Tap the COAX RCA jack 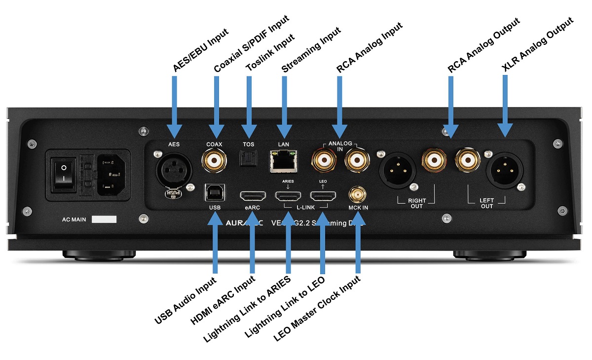215,160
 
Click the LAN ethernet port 283,161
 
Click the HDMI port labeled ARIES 288,196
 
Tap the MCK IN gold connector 358,194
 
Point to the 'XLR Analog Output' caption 537,47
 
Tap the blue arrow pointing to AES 174,106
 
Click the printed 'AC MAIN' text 75,219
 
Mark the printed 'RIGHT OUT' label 416,203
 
